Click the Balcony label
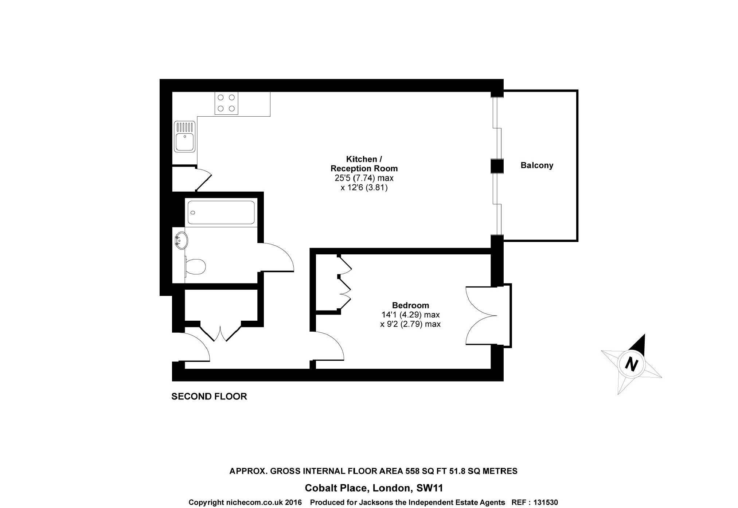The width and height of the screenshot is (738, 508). [537, 165]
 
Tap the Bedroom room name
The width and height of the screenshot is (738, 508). [410, 305]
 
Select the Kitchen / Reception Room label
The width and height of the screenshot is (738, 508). [364, 164]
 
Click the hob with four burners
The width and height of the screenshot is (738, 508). [226, 103]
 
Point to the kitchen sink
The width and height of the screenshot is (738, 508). [185, 137]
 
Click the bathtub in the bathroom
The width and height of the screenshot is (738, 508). [221, 212]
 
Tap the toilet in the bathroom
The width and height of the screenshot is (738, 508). [195, 267]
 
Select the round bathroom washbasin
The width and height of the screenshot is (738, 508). [180, 241]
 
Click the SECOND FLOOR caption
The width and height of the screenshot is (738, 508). [209, 396]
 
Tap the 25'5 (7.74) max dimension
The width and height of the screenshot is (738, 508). [364, 179]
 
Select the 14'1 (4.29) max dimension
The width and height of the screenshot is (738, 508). [410, 314]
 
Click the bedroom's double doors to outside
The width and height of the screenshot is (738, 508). [482, 316]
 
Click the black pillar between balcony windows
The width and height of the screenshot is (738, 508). [497, 166]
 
